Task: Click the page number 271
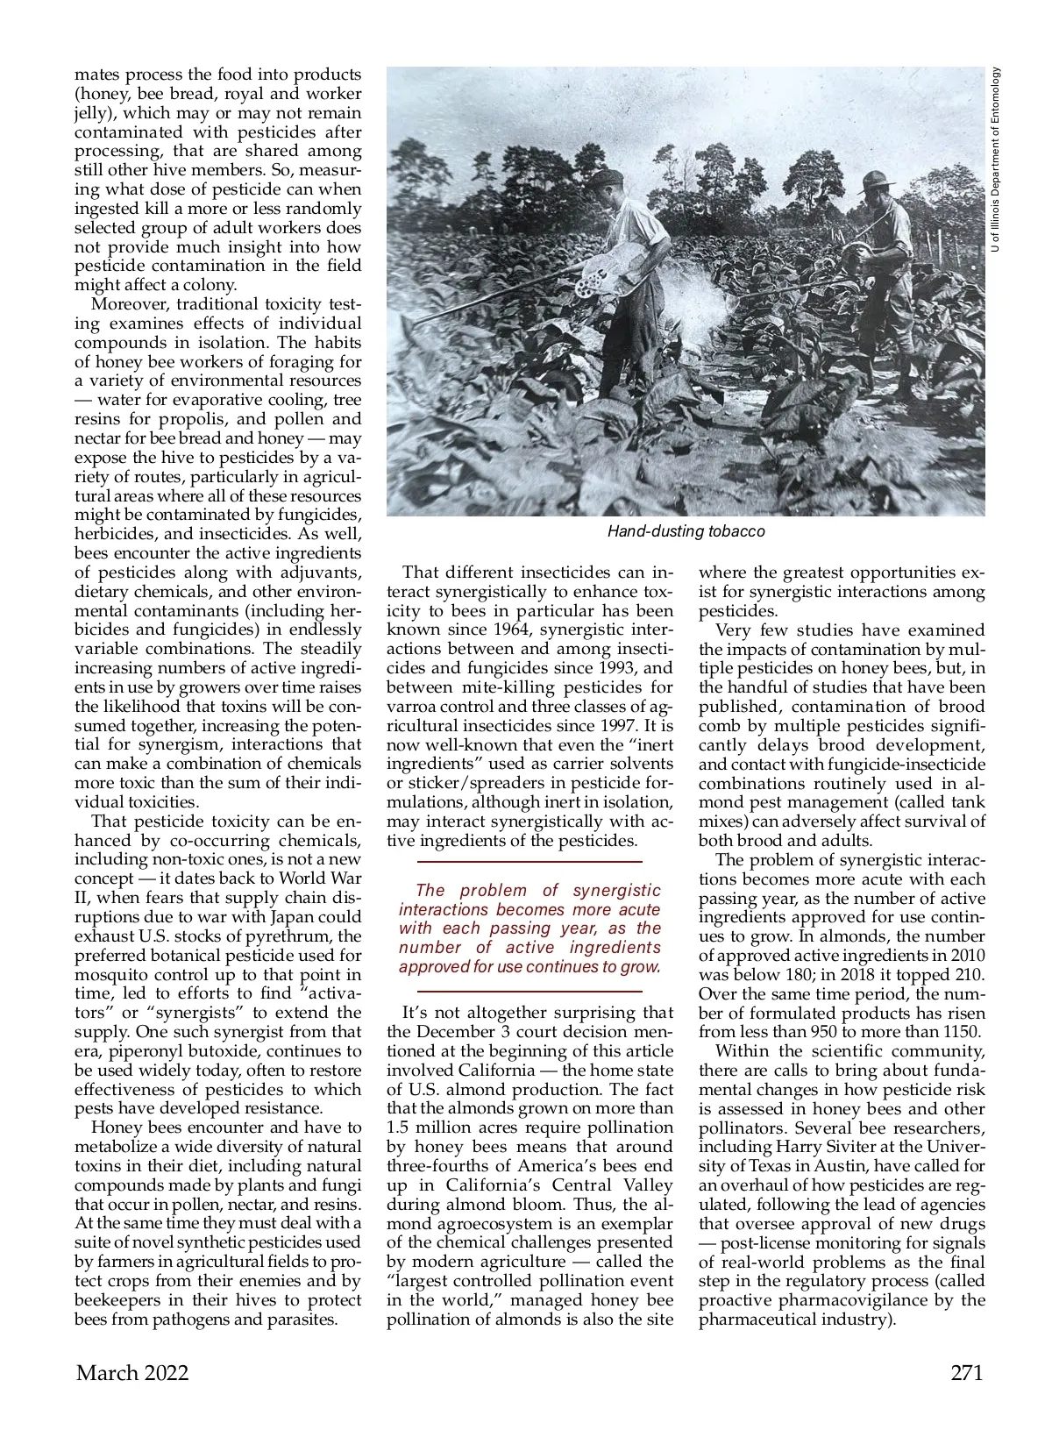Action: pyautogui.click(x=967, y=1373)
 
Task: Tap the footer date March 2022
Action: pyautogui.click(x=131, y=1373)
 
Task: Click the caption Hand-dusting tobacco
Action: pyautogui.click(x=686, y=531)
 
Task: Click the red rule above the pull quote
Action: pyautogui.click(x=530, y=864)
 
